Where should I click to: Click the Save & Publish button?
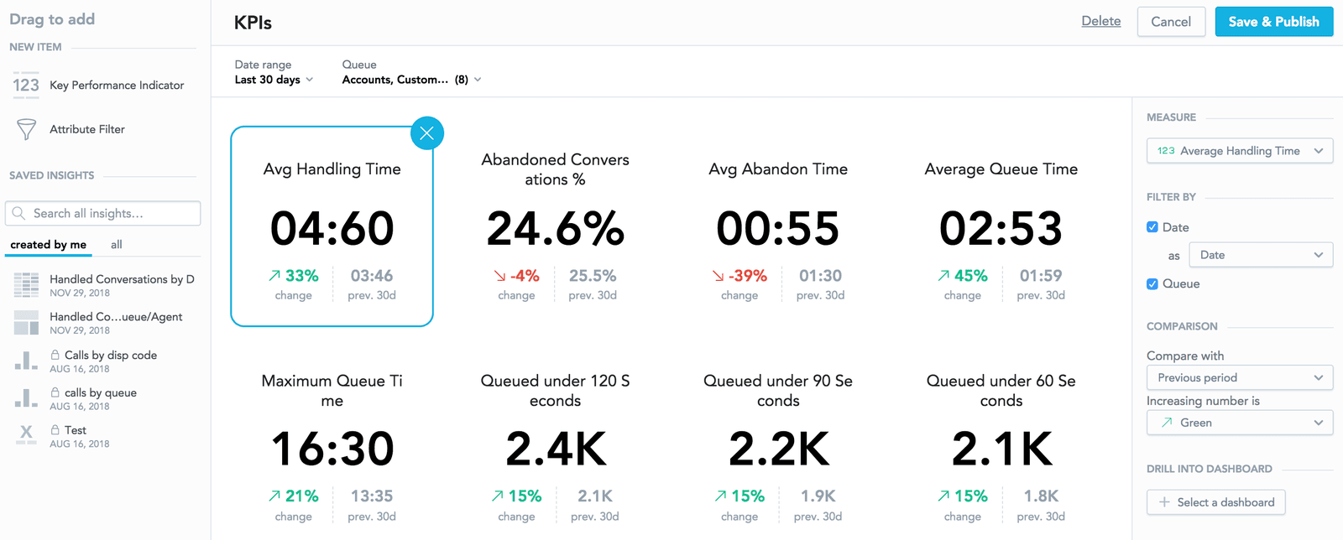tap(1273, 22)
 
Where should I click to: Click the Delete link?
tap(1100, 21)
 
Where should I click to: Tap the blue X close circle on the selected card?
tap(426, 132)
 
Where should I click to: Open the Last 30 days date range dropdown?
tap(274, 80)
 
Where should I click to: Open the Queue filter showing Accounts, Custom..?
tap(411, 80)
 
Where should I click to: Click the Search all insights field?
tap(103, 214)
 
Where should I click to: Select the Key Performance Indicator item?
tap(116, 86)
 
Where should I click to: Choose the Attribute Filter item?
tap(86, 129)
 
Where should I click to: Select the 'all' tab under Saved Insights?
tap(117, 245)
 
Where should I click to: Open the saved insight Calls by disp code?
tap(110, 356)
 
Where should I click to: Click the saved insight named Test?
tap(75, 430)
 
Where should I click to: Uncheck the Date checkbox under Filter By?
tap(1152, 227)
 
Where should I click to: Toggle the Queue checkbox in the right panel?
tap(1152, 284)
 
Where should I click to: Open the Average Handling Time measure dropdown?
tap(1239, 151)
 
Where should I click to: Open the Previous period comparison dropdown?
tap(1239, 377)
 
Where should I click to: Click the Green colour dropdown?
tap(1239, 423)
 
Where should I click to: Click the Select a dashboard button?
tap(1215, 502)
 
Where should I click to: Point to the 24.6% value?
tap(555, 229)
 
